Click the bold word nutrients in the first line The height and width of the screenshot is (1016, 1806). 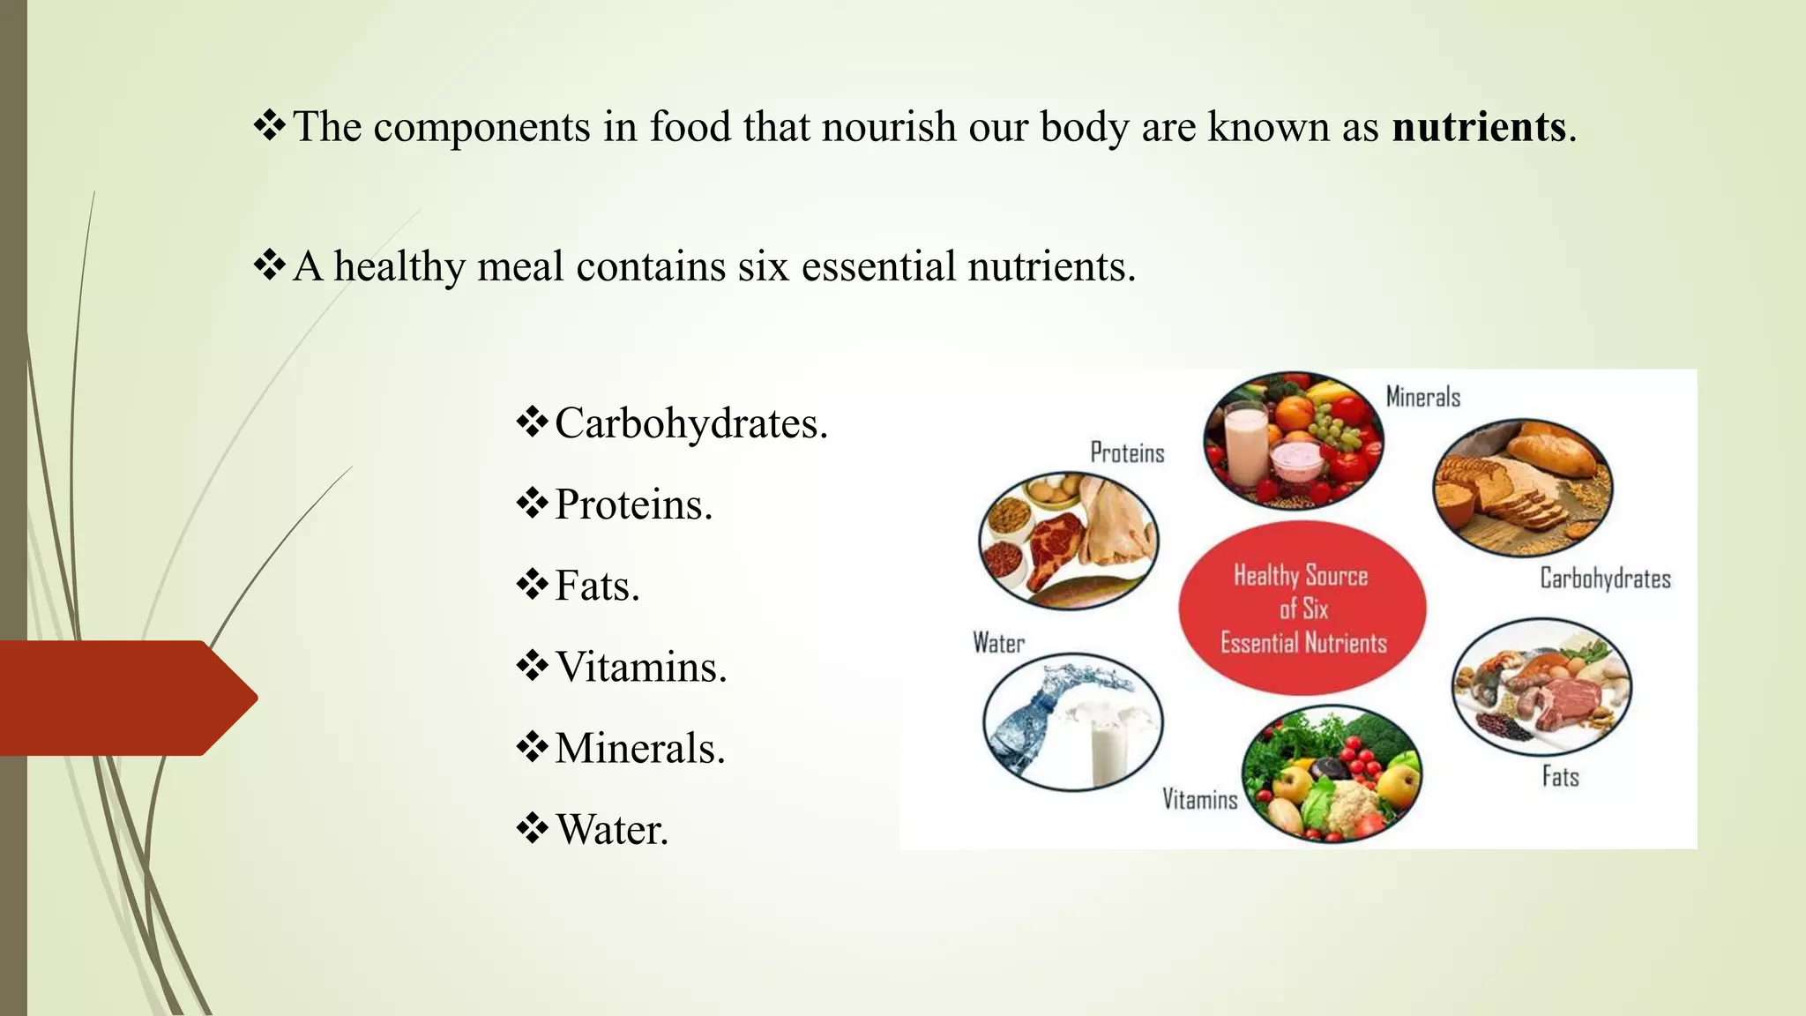tap(1479, 127)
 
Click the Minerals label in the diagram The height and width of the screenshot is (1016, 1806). tap(1422, 397)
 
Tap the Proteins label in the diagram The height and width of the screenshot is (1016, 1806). tap(1127, 452)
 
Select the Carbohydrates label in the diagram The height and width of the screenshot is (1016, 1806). tap(1605, 579)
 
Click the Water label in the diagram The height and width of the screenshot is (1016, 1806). tap(998, 643)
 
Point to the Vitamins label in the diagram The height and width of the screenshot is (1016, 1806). tap(1199, 799)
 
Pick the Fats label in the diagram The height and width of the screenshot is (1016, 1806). tap(1560, 776)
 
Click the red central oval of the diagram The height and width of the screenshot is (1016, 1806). tap(1302, 609)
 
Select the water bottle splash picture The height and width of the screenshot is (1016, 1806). tap(1072, 721)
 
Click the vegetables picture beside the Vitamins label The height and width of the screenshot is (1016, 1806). tap(1332, 774)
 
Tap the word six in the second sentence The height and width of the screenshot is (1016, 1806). tap(763, 266)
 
